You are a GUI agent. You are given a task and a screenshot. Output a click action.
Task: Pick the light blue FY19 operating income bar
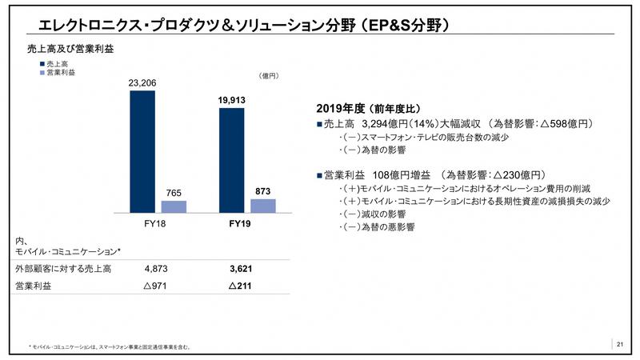tap(262, 206)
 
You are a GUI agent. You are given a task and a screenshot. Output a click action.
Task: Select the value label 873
tap(262, 190)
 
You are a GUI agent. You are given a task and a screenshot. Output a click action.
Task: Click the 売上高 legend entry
tap(54, 62)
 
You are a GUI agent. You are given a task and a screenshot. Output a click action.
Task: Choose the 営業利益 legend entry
tap(58, 72)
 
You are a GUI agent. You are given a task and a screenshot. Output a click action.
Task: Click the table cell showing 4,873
tap(159, 269)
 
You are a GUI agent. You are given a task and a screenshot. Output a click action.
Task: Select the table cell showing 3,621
tap(241, 269)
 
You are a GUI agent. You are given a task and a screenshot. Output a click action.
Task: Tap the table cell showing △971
tap(159, 286)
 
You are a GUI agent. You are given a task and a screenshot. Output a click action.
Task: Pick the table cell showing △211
tap(241, 286)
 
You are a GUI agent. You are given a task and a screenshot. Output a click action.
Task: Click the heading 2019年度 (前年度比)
tap(369, 110)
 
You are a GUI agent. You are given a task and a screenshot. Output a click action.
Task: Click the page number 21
tap(620, 344)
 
